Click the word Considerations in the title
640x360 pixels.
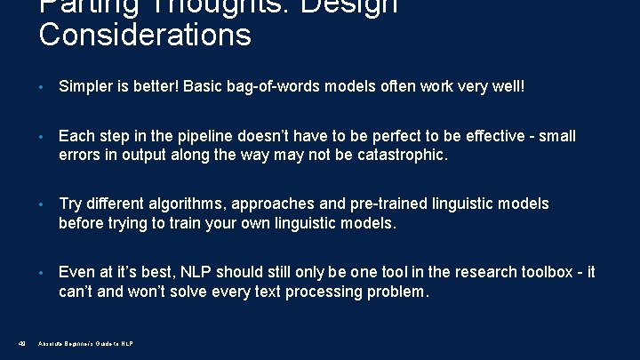(145, 36)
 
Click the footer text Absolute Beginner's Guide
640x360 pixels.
(85, 343)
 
